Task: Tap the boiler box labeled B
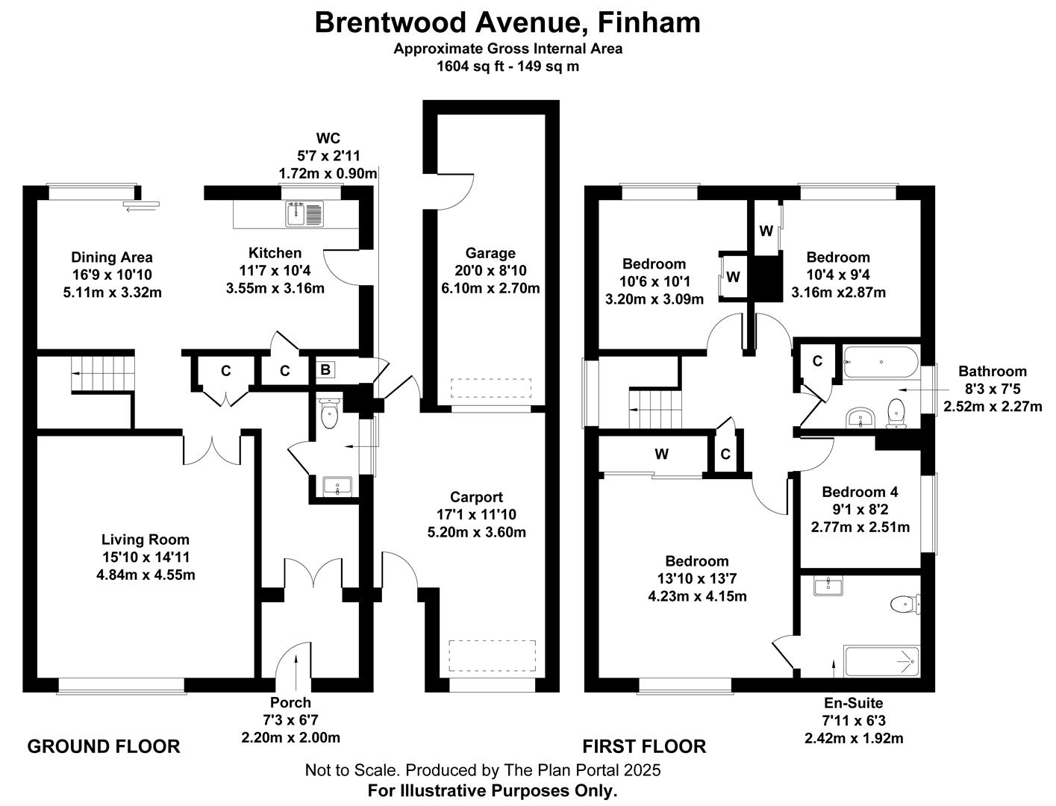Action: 325,369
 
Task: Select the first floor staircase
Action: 656,409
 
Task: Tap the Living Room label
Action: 146,540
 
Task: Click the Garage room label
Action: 490,253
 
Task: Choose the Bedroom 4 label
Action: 860,492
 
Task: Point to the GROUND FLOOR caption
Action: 104,746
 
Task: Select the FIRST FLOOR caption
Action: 644,746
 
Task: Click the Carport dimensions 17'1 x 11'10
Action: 476,515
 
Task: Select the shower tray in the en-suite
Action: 881,660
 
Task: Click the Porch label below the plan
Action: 290,702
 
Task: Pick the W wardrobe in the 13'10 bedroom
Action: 661,454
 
